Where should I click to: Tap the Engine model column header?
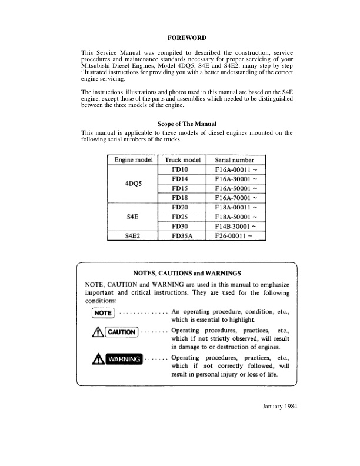(131, 160)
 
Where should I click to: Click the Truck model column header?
(184, 160)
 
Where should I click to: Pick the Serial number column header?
(234, 160)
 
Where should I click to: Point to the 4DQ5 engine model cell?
(131, 184)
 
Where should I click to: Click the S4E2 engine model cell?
(131, 237)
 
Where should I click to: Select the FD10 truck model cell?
(179, 169)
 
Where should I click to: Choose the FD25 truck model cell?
(179, 217)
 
